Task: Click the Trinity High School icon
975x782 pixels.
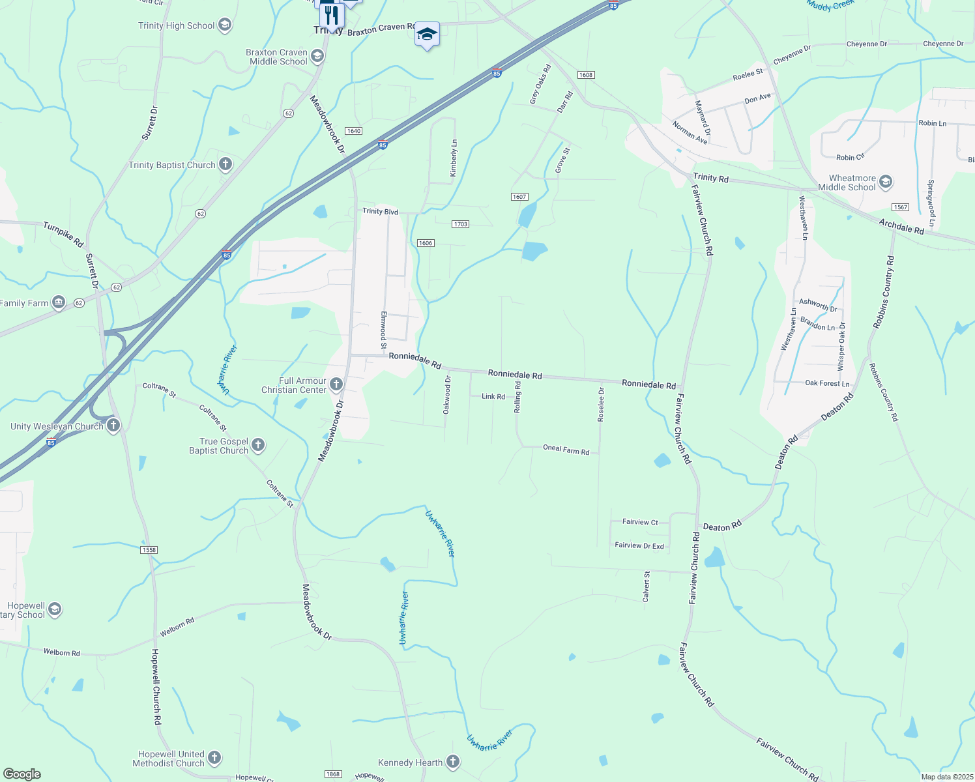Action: tap(225, 25)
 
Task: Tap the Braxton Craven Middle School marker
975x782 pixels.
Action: tap(317, 56)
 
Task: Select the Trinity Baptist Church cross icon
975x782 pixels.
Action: tap(226, 164)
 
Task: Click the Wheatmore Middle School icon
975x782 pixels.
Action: tap(885, 182)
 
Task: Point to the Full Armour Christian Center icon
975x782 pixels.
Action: tap(336, 384)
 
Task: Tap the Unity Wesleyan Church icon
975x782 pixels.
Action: tap(113, 426)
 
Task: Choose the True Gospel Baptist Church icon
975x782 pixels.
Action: tap(258, 445)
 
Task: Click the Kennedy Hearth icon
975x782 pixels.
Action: tap(453, 762)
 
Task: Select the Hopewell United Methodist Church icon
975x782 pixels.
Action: tap(214, 758)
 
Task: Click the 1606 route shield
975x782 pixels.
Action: tap(426, 243)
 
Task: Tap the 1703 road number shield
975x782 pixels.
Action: tap(460, 224)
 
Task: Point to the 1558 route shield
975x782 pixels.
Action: tap(149, 550)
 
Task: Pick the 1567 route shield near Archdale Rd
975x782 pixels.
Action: tap(901, 207)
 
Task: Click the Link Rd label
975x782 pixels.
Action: tap(493, 396)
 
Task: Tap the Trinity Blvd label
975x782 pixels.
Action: tap(381, 212)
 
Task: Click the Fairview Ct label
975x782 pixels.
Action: tap(640, 522)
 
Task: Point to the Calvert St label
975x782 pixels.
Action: tap(647, 586)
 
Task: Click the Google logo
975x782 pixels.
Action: tap(22, 774)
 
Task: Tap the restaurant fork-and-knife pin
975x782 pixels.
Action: tap(332, 14)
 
